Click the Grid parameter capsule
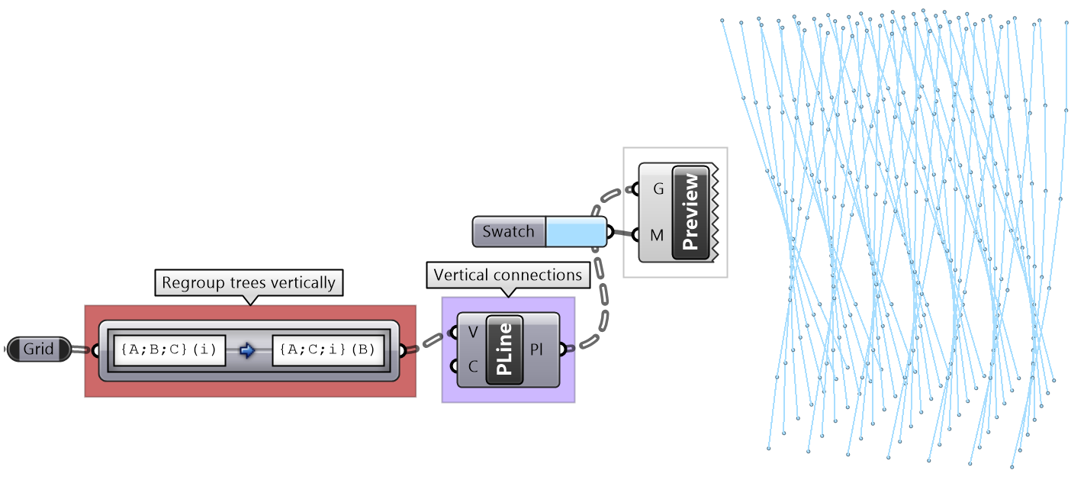(x=39, y=349)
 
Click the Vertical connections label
(x=508, y=275)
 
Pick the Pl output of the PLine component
(x=539, y=349)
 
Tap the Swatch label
(x=508, y=231)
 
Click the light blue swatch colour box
(x=575, y=231)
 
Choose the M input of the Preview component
(x=657, y=235)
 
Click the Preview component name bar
(x=690, y=211)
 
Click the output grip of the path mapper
(x=404, y=350)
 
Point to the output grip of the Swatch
(x=610, y=231)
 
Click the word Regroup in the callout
(x=186, y=282)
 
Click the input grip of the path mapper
(x=94, y=350)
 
